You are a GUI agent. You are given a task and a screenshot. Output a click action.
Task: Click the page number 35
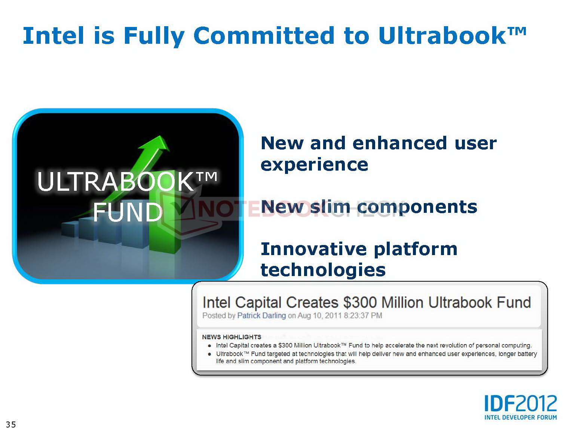[11, 425]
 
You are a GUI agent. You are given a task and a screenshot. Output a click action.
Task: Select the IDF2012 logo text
[520, 404]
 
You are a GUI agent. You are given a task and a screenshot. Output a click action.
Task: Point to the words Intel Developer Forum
[520, 417]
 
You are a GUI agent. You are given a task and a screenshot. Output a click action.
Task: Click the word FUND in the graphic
[128, 212]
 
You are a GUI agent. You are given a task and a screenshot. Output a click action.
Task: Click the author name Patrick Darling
[261, 315]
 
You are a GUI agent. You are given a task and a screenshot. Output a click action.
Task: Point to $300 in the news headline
[360, 302]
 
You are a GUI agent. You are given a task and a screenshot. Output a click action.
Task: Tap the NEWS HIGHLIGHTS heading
[232, 337]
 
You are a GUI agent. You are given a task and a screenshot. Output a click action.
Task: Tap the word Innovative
[314, 249]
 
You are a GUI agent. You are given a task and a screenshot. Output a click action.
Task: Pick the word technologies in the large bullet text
[323, 270]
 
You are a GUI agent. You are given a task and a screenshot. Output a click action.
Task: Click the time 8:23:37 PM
[363, 315]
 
